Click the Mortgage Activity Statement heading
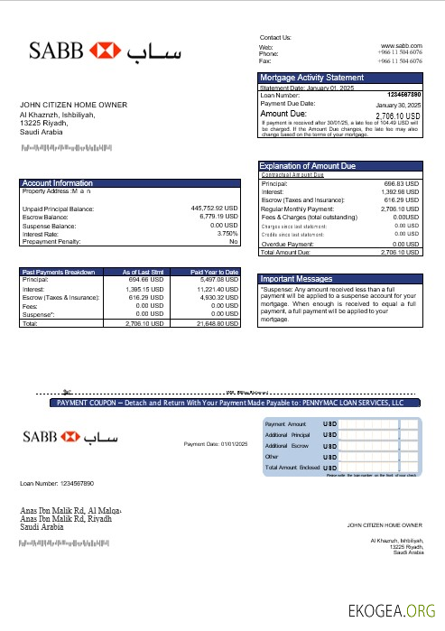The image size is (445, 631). click(x=312, y=78)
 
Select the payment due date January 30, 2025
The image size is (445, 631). click(x=398, y=105)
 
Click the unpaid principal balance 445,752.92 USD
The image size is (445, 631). click(x=214, y=209)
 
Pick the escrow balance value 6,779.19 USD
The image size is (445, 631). click(x=217, y=217)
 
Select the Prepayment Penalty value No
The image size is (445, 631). click(x=234, y=242)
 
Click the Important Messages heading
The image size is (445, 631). click(x=297, y=279)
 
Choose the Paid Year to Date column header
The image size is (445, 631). click(x=214, y=272)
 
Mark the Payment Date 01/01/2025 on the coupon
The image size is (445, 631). click(x=215, y=444)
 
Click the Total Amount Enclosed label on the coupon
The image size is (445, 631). click(x=292, y=469)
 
